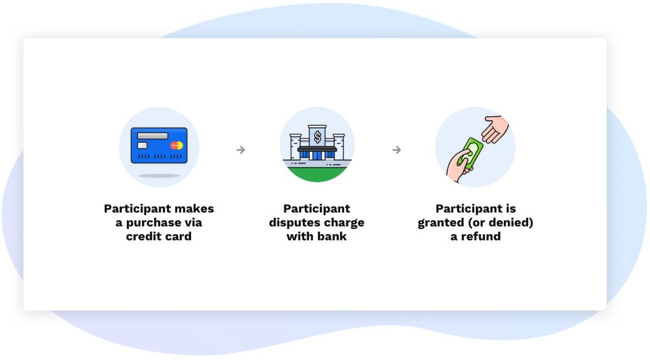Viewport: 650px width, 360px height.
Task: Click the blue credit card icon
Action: pos(159,145)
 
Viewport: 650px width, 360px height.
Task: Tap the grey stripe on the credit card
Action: pos(152,136)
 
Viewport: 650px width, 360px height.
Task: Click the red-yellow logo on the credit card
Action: pos(176,145)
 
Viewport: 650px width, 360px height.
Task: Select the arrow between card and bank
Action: pos(241,150)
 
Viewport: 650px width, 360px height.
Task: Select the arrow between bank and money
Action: pos(397,150)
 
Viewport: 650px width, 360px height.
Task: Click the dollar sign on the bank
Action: pos(317,137)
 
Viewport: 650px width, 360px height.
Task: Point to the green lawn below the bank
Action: pos(317,174)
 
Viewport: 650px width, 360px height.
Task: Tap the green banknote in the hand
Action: pos(474,153)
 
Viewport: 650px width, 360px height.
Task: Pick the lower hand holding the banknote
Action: pos(458,166)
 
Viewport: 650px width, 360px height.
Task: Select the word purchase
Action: pos(153,223)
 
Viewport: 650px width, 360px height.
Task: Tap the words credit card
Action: pos(159,236)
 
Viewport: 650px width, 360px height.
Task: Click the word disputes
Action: pos(295,223)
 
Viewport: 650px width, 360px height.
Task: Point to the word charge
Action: pos(344,223)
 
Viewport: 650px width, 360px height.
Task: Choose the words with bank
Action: pos(317,236)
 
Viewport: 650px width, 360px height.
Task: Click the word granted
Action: pos(441,223)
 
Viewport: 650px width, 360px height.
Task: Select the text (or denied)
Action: pos(501,222)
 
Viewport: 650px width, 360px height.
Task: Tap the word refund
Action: pos(481,236)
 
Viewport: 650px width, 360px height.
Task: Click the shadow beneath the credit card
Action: pos(159,176)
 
